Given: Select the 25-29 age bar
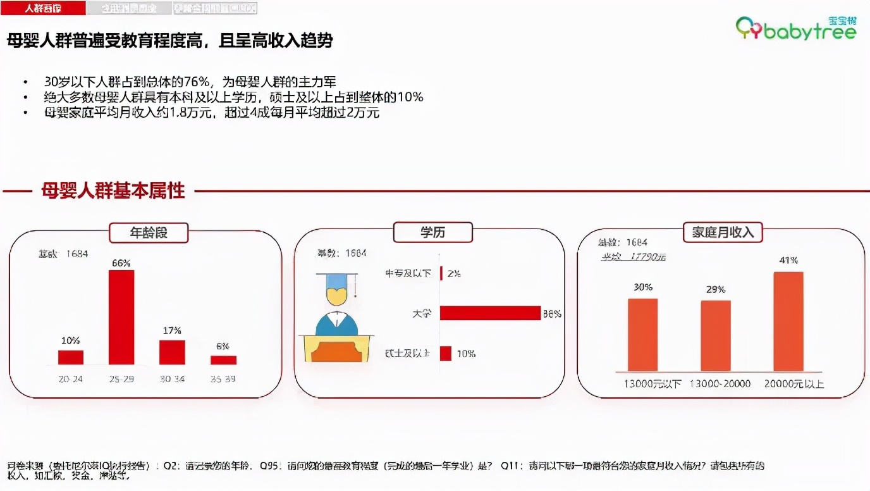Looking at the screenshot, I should (121, 317).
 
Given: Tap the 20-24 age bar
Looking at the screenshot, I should (70, 357).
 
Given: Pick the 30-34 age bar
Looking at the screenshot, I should (172, 352).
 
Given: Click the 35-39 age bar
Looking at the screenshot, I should (223, 360).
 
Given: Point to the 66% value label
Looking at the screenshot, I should (121, 263).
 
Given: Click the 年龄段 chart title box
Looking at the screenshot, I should (149, 232).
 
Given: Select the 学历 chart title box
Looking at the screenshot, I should (432, 232).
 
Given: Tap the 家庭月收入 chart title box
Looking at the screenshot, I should (723, 232).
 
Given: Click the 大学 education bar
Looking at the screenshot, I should (490, 313).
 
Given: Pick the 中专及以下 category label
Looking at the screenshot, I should (408, 273).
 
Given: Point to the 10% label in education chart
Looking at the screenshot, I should (466, 354).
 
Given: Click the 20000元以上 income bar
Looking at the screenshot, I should (788, 321).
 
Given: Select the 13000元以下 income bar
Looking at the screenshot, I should (642, 335).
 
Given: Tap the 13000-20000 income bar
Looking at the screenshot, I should (716, 335).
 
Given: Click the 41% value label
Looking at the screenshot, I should (788, 260).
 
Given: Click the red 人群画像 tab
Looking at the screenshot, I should (43, 8).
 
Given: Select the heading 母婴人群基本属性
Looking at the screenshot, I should (113, 190).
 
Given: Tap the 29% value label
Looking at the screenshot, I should (716, 289).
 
